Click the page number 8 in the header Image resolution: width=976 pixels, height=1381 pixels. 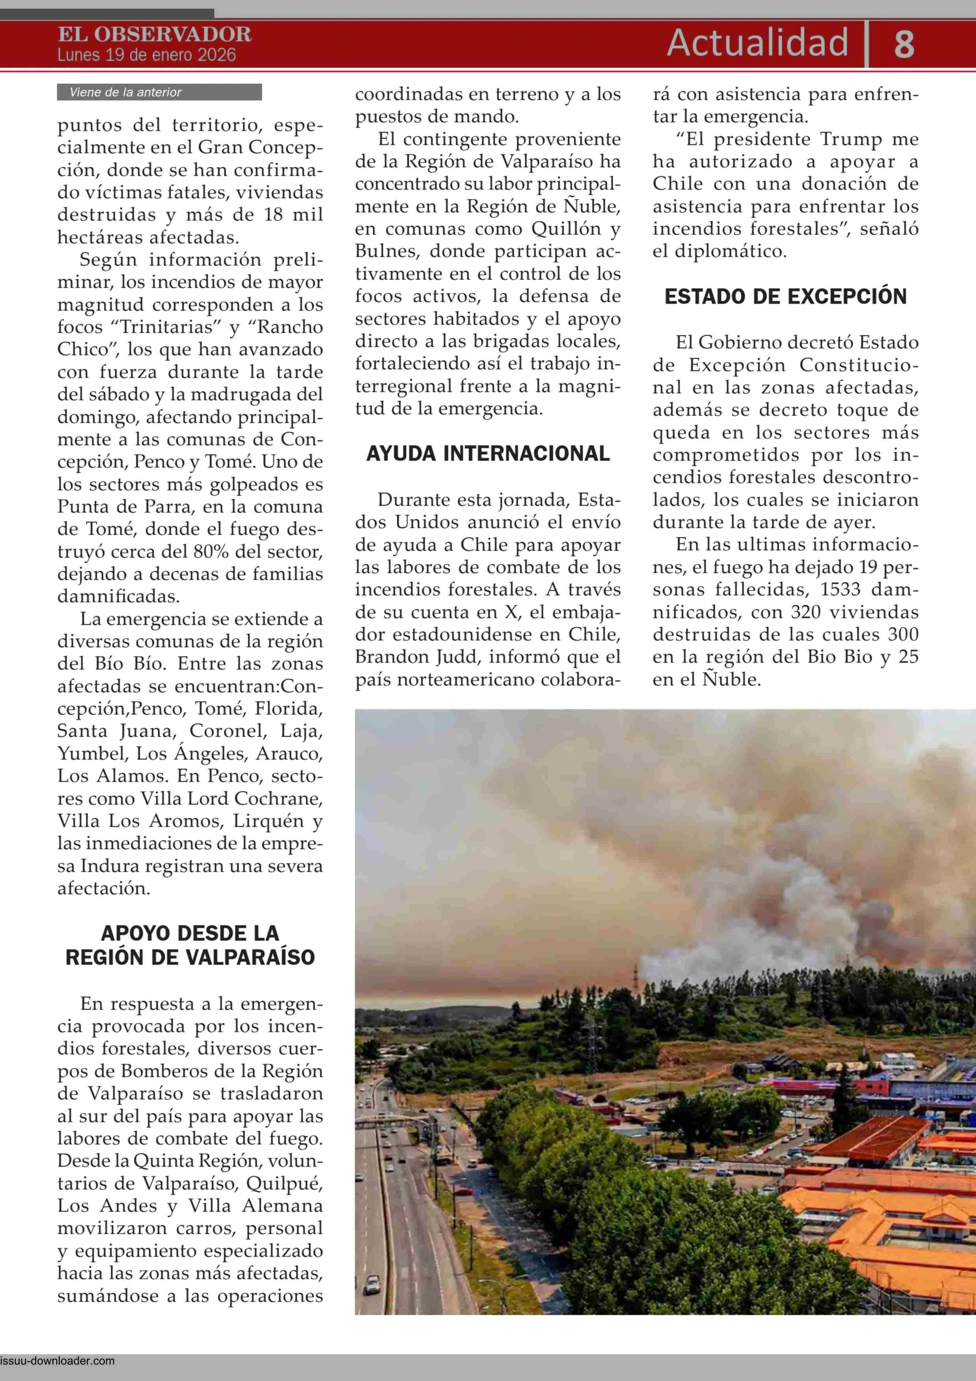pyautogui.click(x=904, y=44)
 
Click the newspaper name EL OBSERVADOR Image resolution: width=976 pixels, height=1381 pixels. pyautogui.click(x=155, y=34)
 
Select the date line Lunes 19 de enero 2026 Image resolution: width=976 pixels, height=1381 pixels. pyautogui.click(x=147, y=56)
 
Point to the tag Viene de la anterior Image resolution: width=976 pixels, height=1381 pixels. pyautogui.click(x=125, y=93)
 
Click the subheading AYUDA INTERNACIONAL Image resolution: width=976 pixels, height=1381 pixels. pyautogui.click(x=488, y=454)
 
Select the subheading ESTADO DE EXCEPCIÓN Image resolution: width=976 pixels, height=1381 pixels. pyautogui.click(x=786, y=296)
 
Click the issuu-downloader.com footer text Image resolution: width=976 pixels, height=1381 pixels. pyautogui.click(x=58, y=1361)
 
